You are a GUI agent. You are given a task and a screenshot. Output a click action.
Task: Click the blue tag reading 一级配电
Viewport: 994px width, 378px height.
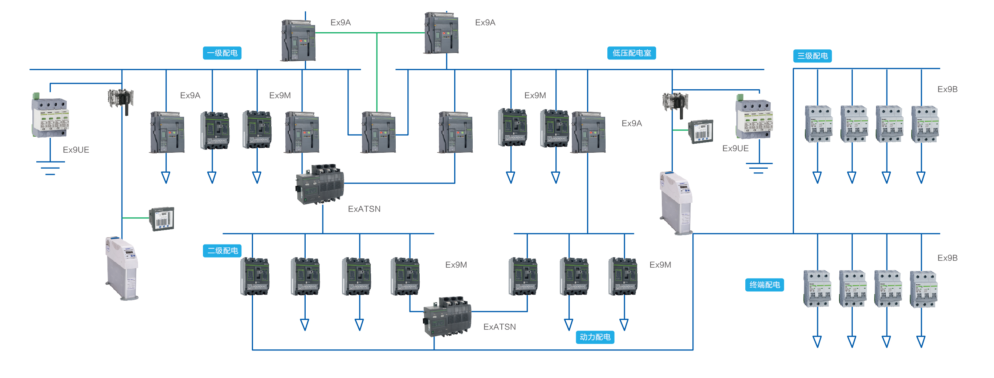click(222, 53)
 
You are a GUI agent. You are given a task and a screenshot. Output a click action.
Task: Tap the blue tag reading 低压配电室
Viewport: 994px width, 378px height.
click(631, 53)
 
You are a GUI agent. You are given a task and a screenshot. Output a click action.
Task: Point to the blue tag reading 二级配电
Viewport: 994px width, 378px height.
click(222, 251)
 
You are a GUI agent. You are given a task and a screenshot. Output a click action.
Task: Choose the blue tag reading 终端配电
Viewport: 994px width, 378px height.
click(764, 285)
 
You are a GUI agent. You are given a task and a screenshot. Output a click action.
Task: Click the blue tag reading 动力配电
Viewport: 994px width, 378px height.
click(595, 337)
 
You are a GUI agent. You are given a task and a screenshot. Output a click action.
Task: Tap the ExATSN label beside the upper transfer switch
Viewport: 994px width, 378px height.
click(364, 209)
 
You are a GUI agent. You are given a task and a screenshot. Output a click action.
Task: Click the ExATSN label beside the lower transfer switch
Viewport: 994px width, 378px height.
click(499, 327)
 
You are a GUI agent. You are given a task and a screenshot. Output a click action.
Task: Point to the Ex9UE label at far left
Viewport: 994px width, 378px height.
click(76, 150)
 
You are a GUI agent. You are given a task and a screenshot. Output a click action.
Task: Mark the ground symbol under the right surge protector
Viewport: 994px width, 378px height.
click(759, 168)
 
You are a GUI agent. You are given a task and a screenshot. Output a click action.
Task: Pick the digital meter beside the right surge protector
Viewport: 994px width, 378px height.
click(700, 132)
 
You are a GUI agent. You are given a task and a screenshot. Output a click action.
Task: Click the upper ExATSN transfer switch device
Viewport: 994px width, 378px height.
click(319, 184)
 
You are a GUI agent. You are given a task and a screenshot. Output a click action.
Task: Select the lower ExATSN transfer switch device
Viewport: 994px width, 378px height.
click(447, 317)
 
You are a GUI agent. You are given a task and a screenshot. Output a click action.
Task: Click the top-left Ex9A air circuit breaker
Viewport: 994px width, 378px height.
click(298, 40)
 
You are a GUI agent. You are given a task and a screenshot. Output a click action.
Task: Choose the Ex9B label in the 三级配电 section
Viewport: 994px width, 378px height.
click(947, 90)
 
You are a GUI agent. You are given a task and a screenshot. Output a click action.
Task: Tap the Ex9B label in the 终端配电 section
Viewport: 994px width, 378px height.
click(947, 258)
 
